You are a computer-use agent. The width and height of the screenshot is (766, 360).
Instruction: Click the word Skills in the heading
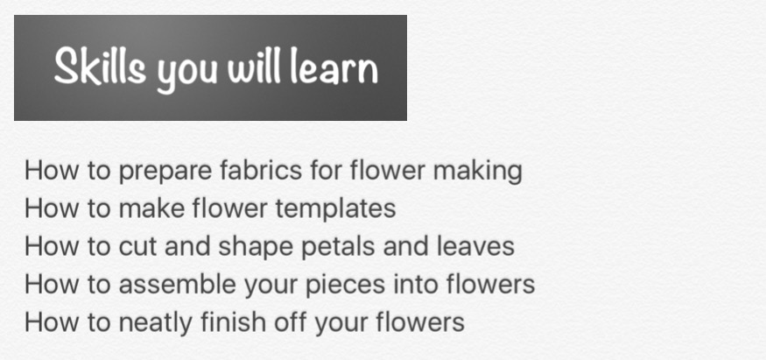[x=100, y=67]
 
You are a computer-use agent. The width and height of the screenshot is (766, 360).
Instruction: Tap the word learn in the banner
[x=334, y=67]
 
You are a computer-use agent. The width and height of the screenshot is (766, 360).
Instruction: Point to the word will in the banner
[x=254, y=66]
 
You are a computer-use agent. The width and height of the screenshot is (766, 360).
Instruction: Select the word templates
[x=335, y=210]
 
